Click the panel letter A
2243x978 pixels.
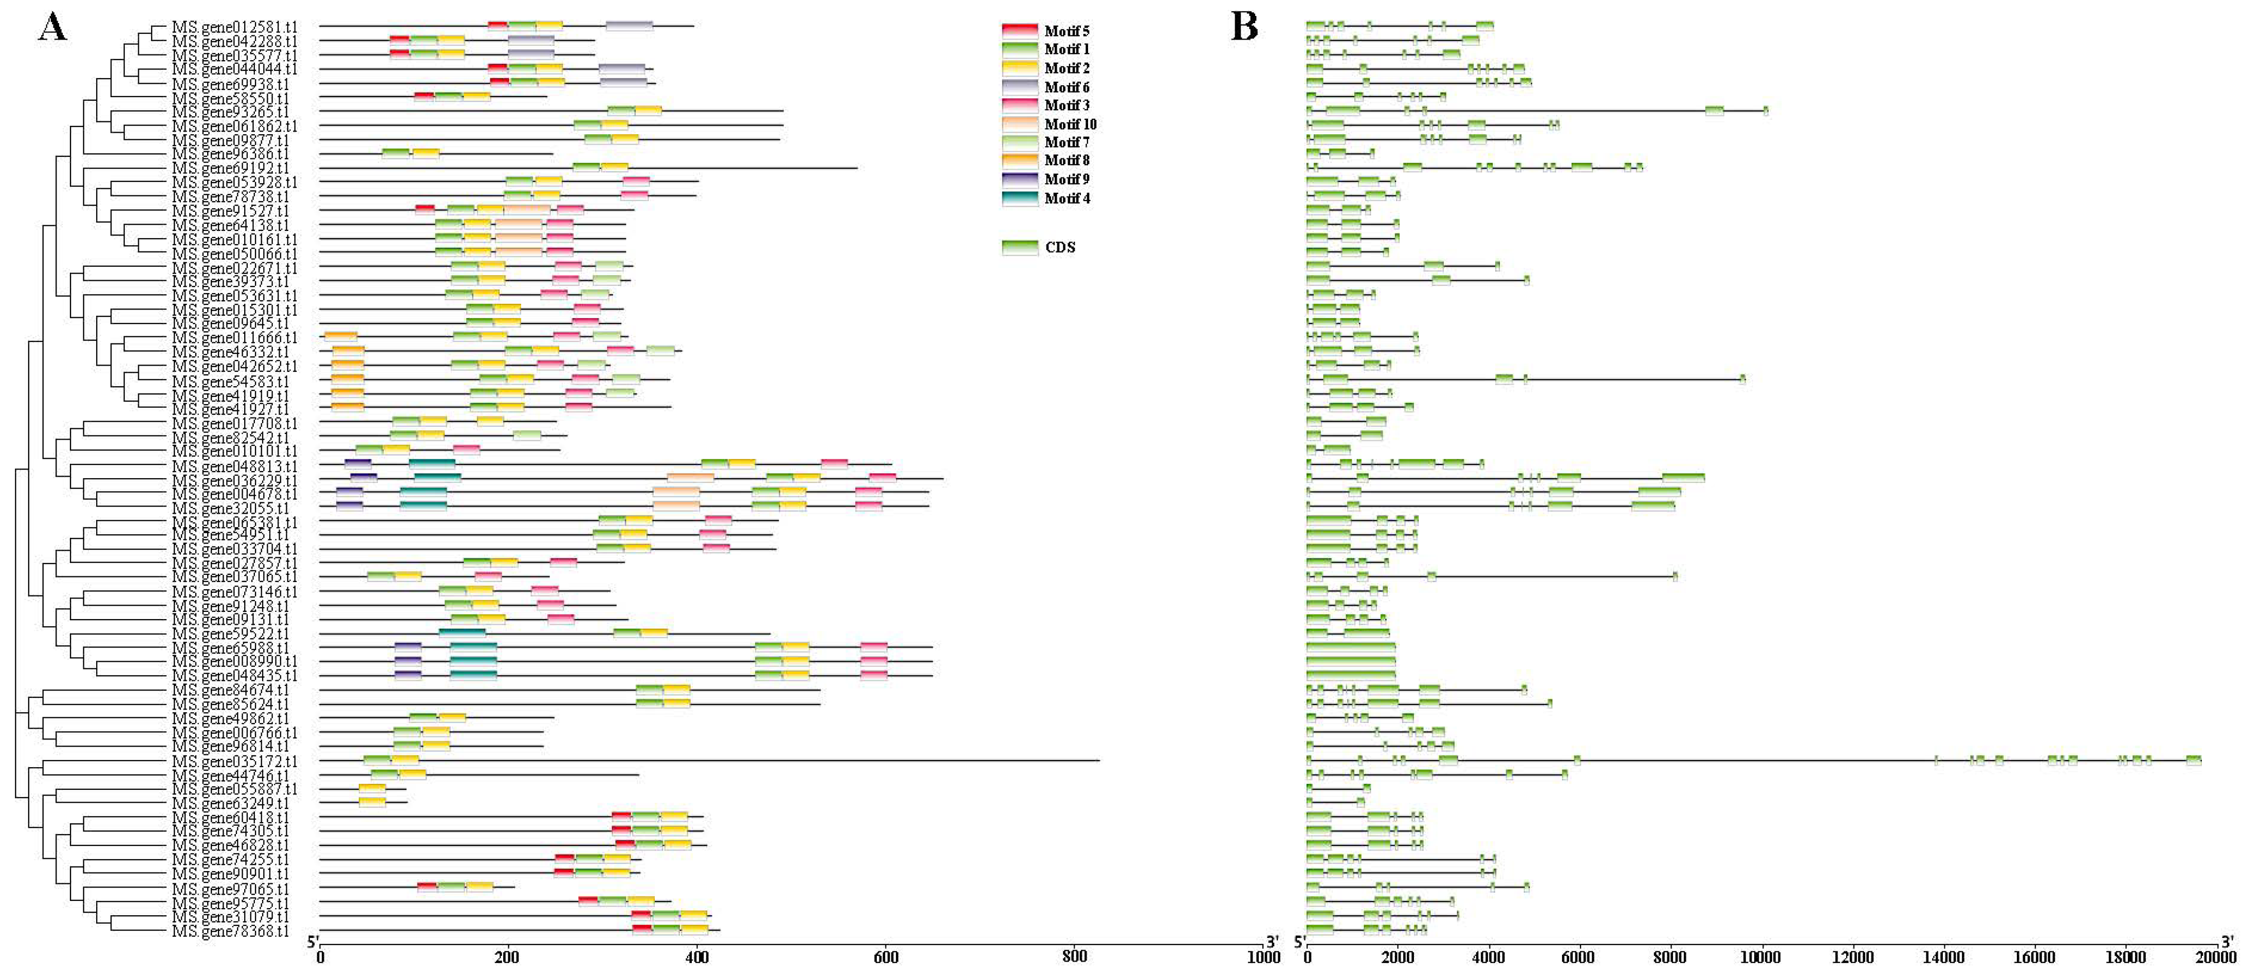pyautogui.click(x=52, y=27)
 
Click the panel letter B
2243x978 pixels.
pyautogui.click(x=1244, y=27)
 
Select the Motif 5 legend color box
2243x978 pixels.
pyautogui.click(x=1020, y=30)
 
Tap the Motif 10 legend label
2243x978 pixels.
pyautogui.click(x=1070, y=124)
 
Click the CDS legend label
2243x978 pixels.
pyautogui.click(x=1060, y=247)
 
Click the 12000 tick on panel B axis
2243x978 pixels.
pyautogui.click(x=1852, y=957)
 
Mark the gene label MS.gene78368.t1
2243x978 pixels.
pyautogui.click(x=230, y=931)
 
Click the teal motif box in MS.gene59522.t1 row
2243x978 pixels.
pyautogui.click(x=462, y=633)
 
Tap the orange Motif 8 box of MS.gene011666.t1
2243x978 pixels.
pyautogui.click(x=340, y=337)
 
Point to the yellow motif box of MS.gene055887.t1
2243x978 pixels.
pyautogui.click(x=372, y=789)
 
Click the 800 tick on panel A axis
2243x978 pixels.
pyautogui.click(x=1075, y=956)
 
